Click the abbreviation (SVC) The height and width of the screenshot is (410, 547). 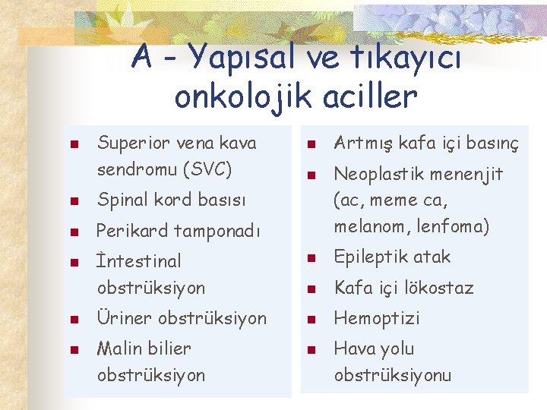pos(205,169)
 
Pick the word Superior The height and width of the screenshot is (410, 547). pos(134,143)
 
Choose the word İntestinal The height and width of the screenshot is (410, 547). pos(139,261)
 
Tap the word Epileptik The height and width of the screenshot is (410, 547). pos(369,257)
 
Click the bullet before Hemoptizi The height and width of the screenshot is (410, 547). pos(310,319)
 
